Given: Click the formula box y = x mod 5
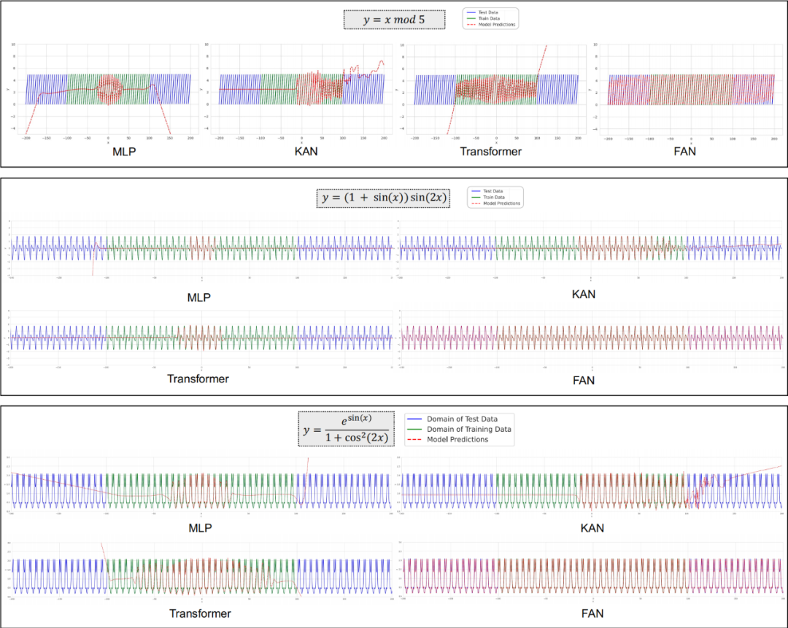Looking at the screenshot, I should click(x=394, y=19).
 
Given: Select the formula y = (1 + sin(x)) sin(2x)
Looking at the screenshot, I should click(x=383, y=198).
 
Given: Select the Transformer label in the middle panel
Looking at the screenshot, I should click(x=198, y=379).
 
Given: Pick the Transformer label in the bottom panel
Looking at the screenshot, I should click(x=200, y=613).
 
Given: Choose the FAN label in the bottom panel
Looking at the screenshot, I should click(x=592, y=613).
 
